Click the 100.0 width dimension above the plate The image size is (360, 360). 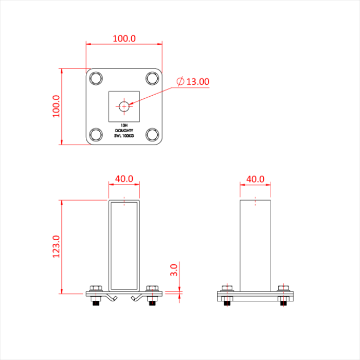tap(124, 38)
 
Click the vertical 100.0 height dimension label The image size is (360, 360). tap(56, 106)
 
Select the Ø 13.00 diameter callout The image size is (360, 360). tap(193, 81)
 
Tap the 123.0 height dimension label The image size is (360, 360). tap(57, 246)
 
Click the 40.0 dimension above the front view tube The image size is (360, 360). tap(124, 178)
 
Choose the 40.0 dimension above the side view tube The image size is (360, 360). tap(255, 178)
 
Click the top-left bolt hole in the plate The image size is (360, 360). tap(96, 78)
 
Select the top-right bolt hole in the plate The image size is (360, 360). tap(152, 78)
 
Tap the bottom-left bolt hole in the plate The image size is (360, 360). tap(96, 135)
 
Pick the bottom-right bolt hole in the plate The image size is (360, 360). tap(152, 135)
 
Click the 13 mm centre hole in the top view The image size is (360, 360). tap(124, 106)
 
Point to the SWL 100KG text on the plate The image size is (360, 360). tap(124, 136)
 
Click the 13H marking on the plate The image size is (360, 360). tap(124, 125)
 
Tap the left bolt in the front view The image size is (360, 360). tap(96, 294)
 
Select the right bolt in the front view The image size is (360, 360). tap(152, 294)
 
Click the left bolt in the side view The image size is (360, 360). tap(227, 294)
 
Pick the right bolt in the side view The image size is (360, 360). tap(283, 294)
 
